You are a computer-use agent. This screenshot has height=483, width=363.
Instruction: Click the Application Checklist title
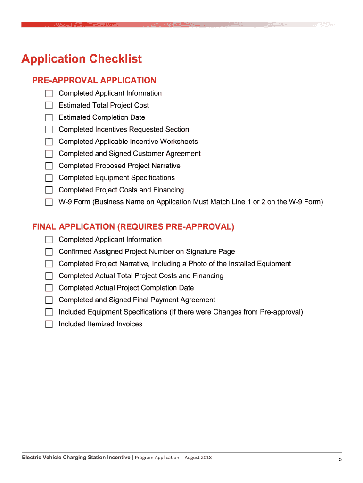coord(82,59)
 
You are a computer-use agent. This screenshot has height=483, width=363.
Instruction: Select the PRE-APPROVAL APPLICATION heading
coord(94,81)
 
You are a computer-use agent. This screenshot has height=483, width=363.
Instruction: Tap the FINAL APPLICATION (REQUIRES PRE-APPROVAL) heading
coord(133,227)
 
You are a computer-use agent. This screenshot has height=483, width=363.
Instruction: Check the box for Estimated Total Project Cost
coord(49,105)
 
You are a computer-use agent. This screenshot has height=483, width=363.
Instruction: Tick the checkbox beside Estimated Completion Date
coord(49,117)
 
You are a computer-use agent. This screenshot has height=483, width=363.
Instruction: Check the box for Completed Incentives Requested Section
coord(49,130)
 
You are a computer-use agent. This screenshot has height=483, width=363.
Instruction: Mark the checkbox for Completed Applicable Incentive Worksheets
coord(49,142)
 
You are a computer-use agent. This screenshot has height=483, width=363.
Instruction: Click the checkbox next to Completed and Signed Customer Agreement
coord(49,154)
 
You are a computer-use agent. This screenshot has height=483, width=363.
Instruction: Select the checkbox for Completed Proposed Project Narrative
coord(49,166)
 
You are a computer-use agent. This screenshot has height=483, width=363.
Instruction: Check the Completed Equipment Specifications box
coord(49,178)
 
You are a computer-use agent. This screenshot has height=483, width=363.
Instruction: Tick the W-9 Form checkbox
coord(49,202)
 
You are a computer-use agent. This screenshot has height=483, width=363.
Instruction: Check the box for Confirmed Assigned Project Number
coord(49,252)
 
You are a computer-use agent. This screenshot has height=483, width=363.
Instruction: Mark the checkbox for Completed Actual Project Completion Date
coord(49,288)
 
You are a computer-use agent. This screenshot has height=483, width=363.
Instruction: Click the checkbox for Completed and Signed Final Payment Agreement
coord(49,300)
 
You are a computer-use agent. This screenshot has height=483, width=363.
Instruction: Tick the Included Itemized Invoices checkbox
coord(49,325)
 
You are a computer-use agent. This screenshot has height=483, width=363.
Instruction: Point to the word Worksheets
coord(179,142)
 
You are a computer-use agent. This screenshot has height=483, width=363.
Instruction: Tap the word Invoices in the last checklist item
coord(128,324)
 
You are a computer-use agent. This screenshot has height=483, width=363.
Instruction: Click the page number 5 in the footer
coord(340,459)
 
